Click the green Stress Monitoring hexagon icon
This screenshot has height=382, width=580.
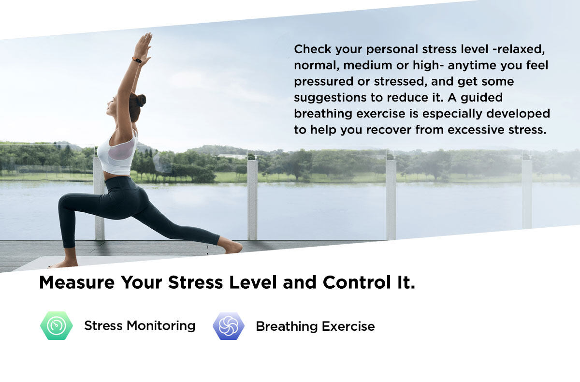coord(57,325)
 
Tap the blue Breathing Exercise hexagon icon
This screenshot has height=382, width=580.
coord(228,326)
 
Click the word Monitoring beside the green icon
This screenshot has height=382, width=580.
coord(161,326)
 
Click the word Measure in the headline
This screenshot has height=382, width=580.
coord(77,282)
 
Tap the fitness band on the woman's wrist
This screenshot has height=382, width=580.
coord(137,60)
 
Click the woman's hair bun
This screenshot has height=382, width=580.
coord(141,101)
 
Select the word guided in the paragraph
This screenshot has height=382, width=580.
coord(481,98)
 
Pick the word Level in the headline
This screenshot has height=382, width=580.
coord(253,282)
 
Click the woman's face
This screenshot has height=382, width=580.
coord(111,106)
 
